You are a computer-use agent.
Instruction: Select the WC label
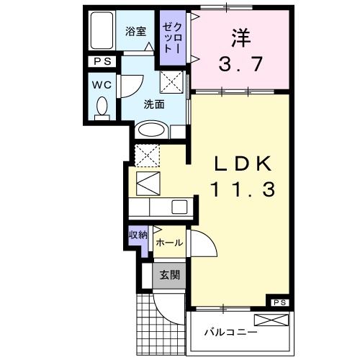point(100,83)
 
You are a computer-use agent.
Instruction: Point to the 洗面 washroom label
point(154,104)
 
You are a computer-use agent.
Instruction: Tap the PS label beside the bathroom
point(100,62)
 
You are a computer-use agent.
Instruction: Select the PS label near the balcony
point(280,302)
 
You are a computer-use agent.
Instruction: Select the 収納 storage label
point(138,235)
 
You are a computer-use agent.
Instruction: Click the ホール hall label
point(168,243)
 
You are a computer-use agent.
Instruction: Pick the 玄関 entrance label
point(170,274)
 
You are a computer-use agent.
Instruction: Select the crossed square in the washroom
point(171,83)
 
